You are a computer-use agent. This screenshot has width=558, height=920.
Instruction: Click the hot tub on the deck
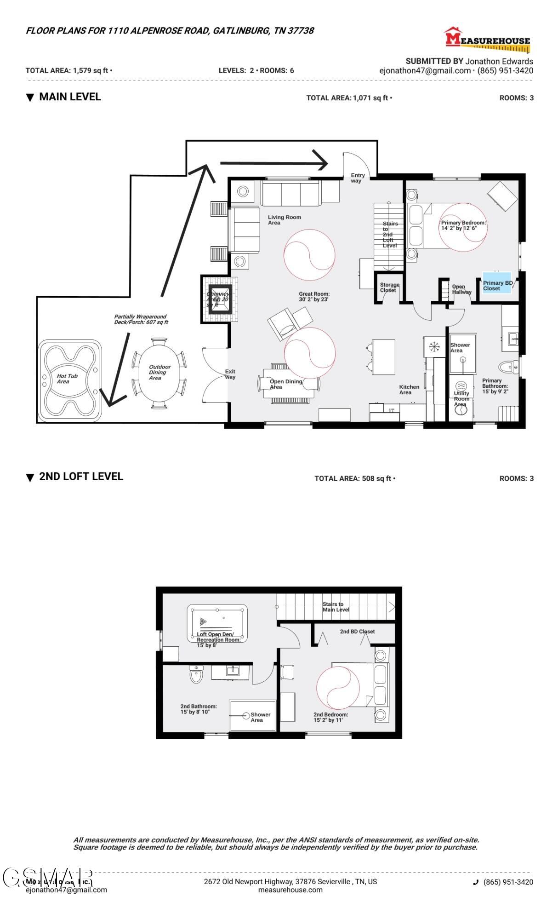pyautogui.click(x=69, y=381)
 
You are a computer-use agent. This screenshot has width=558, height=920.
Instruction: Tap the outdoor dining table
pyautogui.click(x=159, y=373)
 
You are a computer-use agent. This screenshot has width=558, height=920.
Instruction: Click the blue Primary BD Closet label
pyautogui.click(x=497, y=286)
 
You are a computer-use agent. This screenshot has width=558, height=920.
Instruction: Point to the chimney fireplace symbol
pyautogui.click(x=218, y=299)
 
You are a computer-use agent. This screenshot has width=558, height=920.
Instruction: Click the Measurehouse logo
pyautogui.click(x=487, y=39)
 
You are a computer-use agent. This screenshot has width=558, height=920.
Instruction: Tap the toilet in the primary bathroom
pyautogui.click(x=507, y=367)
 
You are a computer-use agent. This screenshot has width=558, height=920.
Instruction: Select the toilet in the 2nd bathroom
pyautogui.click(x=196, y=675)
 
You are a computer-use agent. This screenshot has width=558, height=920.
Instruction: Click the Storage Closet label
pyautogui.click(x=389, y=287)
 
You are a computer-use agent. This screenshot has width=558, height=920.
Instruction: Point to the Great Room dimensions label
pyautogui.click(x=314, y=297)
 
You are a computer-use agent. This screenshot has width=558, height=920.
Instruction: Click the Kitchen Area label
pyautogui.click(x=409, y=390)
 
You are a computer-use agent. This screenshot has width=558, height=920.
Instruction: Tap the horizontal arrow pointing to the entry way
pyautogui.click(x=273, y=163)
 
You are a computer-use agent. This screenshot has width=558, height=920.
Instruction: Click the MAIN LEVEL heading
pyautogui.click(x=70, y=97)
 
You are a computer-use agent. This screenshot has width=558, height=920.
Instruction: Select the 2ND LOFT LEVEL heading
pyautogui.click(x=81, y=477)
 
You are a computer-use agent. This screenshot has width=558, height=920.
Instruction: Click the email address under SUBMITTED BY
pyautogui.click(x=425, y=71)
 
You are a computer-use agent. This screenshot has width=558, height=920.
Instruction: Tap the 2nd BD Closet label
pyautogui.click(x=357, y=632)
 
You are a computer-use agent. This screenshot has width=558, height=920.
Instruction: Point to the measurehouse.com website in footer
pyautogui.click(x=290, y=890)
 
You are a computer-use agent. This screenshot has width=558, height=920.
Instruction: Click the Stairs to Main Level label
pyautogui.click(x=336, y=607)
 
